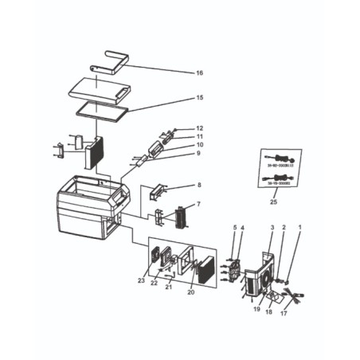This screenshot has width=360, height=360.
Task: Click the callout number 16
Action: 199,73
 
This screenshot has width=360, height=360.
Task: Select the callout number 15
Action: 199,98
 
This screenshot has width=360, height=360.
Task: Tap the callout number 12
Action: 200,127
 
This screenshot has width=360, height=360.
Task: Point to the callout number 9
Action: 200,154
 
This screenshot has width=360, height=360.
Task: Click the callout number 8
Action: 199,186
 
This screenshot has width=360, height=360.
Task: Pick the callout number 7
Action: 199,205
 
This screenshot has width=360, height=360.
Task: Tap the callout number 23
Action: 140,280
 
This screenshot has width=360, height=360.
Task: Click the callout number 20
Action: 190,292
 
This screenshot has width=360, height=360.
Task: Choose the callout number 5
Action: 235,229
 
